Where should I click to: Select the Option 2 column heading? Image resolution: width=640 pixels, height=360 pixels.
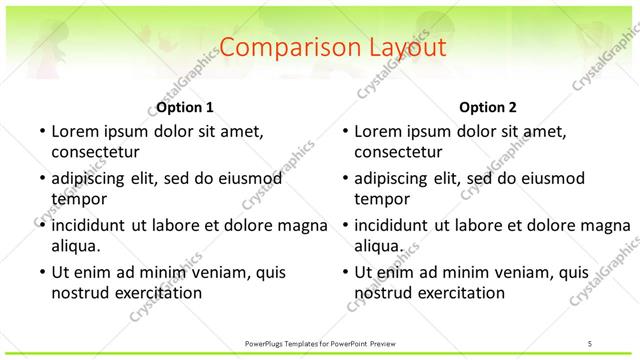click(488, 107)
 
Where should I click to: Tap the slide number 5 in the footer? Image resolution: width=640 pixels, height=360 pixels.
click(589, 343)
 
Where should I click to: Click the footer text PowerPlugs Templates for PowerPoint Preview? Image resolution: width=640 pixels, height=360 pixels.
click(320, 343)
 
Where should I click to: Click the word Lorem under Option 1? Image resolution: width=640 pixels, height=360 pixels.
click(75, 131)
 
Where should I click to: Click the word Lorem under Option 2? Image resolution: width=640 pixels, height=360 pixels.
click(378, 131)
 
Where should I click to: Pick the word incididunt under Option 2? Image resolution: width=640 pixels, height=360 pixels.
click(392, 226)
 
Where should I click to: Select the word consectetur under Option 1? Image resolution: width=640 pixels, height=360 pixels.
click(95, 152)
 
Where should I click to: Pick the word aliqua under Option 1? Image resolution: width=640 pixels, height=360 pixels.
click(75, 246)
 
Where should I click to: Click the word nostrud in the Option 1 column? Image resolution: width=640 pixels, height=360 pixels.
click(77, 293)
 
